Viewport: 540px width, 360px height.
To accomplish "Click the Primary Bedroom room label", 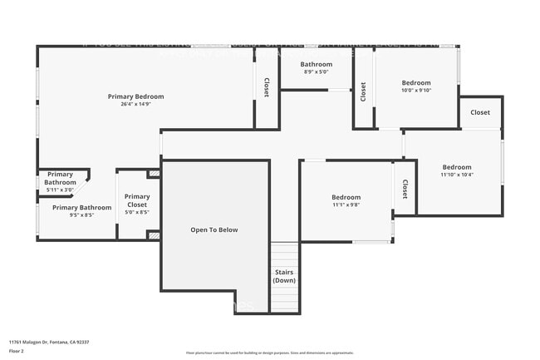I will [135, 96].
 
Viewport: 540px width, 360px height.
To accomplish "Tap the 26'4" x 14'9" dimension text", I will [135, 105].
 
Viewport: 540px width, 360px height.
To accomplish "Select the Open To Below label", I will [214, 229].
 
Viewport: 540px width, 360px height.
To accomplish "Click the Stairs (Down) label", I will [283, 276].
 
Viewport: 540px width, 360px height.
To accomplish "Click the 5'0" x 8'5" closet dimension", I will [137, 212].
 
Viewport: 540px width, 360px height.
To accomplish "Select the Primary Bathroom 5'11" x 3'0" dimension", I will [60, 190].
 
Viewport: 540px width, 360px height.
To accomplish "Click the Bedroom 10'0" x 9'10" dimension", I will [416, 91].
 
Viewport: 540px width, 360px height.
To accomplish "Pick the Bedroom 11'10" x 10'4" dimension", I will [456, 175].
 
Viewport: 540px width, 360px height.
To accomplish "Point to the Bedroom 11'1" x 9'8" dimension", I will [346, 205].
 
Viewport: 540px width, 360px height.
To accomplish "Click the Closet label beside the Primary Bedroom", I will [267, 87].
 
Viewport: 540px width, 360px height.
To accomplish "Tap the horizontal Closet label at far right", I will [480, 112].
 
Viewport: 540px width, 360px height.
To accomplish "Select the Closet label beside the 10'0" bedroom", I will [363, 91].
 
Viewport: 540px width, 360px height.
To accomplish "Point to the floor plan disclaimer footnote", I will [269, 353].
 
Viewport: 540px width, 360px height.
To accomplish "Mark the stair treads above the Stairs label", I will [283, 253].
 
